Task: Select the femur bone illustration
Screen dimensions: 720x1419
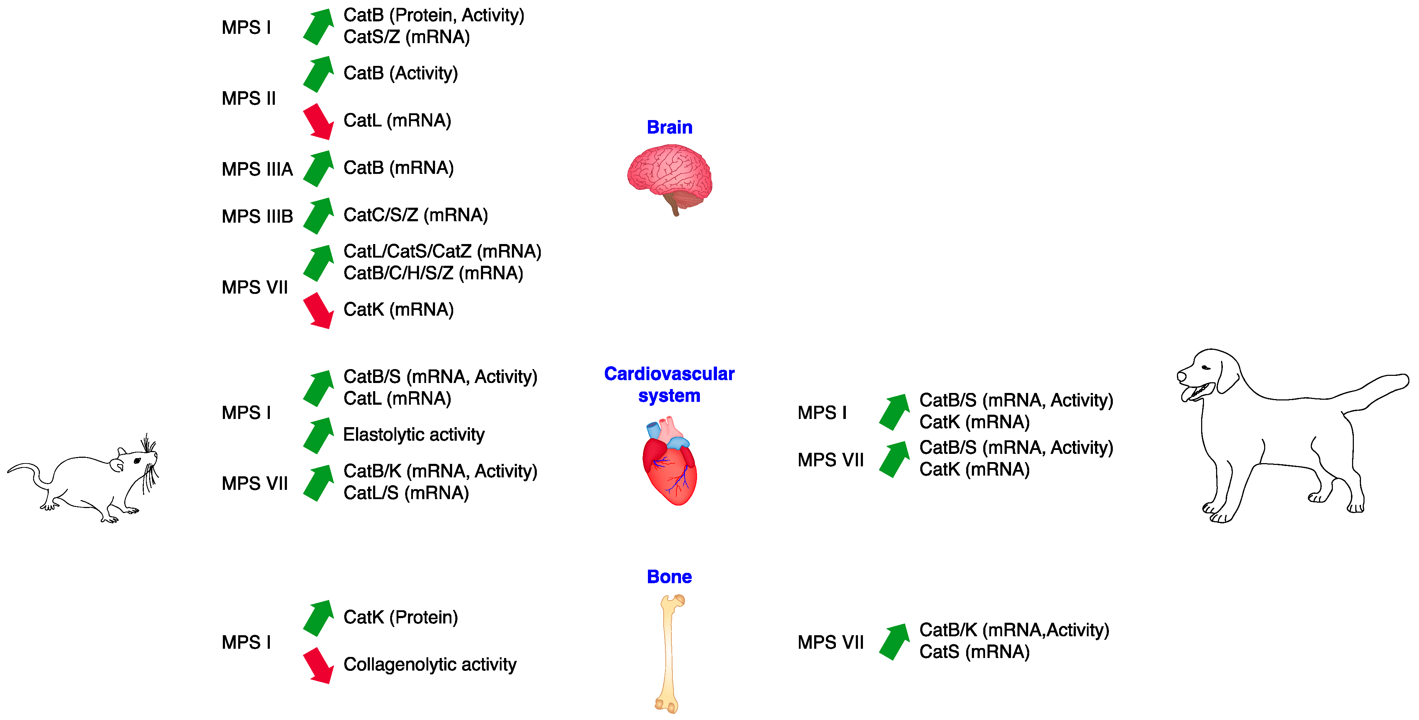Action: click(669, 653)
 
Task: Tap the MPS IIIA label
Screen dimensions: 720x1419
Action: click(257, 169)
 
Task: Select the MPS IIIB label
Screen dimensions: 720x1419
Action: click(257, 217)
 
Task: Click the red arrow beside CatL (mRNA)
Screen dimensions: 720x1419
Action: click(318, 121)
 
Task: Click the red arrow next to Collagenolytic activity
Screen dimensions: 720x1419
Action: click(318, 665)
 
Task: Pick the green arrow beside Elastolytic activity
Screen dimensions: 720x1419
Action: click(318, 436)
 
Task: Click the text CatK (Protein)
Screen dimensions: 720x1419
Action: click(400, 617)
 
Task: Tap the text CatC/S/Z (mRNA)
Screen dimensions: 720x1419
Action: click(415, 215)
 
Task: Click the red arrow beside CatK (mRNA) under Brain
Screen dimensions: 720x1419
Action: click(318, 310)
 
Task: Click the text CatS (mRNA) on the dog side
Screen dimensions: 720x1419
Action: click(974, 652)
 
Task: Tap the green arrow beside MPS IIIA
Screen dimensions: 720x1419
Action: click(318, 169)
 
